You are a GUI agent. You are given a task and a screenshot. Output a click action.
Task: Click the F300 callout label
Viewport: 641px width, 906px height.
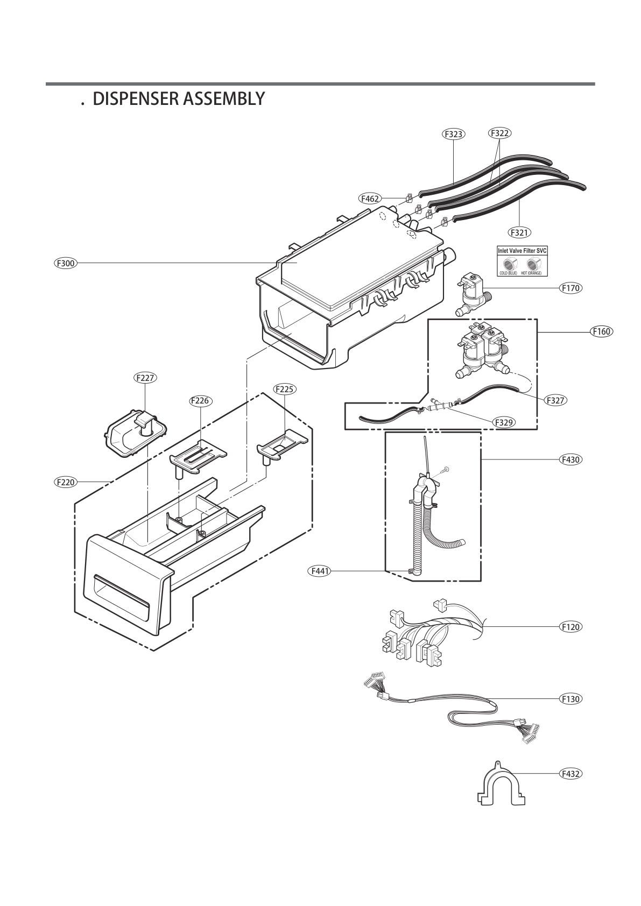[66, 263]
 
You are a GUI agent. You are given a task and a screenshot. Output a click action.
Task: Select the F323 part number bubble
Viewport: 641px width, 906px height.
[453, 134]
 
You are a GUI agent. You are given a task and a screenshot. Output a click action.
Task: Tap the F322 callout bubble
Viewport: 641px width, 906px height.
[500, 133]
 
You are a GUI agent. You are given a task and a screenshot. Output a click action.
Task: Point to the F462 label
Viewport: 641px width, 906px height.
[370, 199]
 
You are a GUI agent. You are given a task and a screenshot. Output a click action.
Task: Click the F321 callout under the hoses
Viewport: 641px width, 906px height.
[519, 232]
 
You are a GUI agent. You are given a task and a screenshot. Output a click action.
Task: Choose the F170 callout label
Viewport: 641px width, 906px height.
[570, 288]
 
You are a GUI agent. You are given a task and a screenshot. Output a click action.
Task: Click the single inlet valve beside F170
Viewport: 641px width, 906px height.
[470, 294]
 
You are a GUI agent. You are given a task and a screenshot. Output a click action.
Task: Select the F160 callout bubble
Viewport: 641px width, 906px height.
[601, 331]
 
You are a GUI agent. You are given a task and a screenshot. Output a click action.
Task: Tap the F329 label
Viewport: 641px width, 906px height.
[504, 422]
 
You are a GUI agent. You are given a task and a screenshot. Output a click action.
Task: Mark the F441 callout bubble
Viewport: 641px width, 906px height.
[319, 571]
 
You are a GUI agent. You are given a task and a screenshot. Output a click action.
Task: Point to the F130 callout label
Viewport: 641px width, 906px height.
[570, 699]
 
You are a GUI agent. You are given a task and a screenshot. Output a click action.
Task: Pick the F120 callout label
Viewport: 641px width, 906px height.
[570, 627]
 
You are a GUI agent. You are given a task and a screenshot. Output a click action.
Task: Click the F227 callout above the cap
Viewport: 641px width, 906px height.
[145, 378]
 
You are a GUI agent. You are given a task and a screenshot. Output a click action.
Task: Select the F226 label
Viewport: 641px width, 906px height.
[200, 400]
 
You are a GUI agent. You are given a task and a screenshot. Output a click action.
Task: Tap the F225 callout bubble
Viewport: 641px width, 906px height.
[285, 389]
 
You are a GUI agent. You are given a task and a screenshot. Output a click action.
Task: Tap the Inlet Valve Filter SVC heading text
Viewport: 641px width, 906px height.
[522, 251]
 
